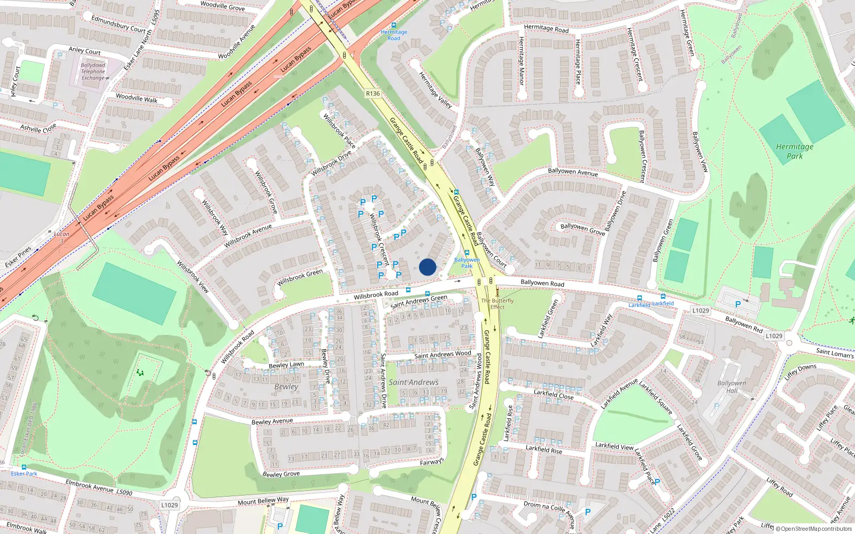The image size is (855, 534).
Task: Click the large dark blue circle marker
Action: click(428, 267)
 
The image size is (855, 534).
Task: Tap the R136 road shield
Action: click(373, 93)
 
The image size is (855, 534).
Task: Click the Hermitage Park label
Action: click(795, 151)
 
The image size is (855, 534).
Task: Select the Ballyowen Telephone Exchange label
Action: click(93, 72)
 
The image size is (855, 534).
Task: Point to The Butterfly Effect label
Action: click(497, 304)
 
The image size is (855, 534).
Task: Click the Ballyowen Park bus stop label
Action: click(467, 263)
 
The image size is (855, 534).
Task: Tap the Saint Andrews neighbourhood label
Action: click(413, 382)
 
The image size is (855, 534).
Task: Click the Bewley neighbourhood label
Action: click(286, 387)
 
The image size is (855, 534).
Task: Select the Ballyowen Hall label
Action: click(732, 387)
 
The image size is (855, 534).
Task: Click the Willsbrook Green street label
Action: click(300, 277)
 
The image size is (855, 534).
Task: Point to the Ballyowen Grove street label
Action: click(582, 229)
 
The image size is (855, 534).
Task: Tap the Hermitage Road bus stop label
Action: click(394, 35)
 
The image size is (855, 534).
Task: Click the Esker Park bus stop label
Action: click(24, 474)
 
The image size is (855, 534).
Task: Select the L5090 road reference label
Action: click(124, 492)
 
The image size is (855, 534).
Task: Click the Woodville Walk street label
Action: click(137, 98)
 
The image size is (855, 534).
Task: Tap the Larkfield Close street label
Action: click(554, 395)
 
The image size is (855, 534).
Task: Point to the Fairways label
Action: click(431, 462)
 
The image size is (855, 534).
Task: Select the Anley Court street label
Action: click(84, 51)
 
